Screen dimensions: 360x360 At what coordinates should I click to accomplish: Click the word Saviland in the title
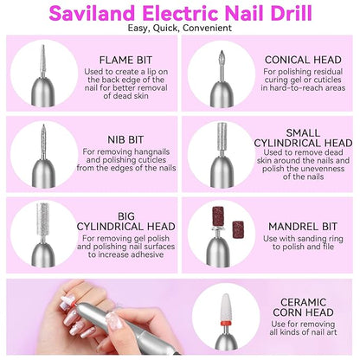click(x=93, y=13)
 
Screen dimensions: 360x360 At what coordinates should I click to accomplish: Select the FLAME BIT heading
click(x=125, y=60)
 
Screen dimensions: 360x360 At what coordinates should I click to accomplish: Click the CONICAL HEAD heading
click(x=303, y=60)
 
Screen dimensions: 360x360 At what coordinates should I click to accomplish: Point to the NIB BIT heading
click(x=125, y=139)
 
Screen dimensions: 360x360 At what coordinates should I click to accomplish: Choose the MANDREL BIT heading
click(x=303, y=227)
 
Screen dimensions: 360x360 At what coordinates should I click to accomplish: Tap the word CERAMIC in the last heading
click(x=303, y=302)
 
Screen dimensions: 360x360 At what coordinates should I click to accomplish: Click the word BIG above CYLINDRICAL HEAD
click(x=126, y=216)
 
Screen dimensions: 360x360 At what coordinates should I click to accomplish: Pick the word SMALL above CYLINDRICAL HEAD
click(x=303, y=133)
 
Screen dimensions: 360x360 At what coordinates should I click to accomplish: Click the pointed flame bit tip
click(x=43, y=46)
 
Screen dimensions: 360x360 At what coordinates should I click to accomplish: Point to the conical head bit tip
click(x=222, y=51)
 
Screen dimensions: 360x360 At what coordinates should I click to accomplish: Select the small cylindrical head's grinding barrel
click(x=222, y=136)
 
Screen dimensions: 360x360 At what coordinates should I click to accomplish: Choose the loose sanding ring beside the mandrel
click(x=238, y=229)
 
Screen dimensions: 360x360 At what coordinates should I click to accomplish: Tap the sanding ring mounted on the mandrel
click(x=218, y=216)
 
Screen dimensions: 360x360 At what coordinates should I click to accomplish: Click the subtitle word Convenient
click(x=207, y=28)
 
